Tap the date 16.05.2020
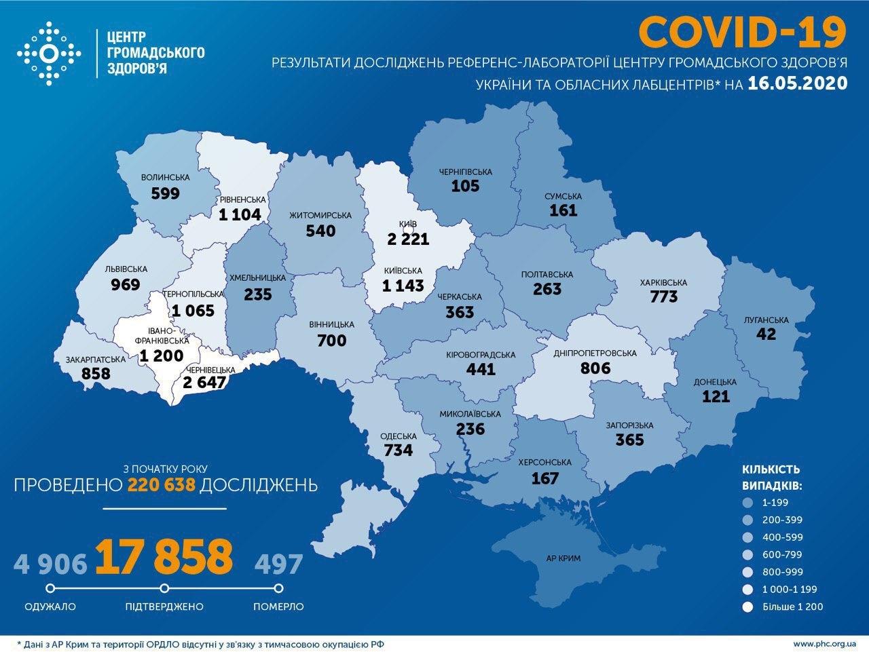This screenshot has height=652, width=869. tap(798, 83)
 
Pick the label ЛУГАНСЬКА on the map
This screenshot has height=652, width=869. tap(765, 320)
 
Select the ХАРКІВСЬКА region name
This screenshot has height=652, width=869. tap(663, 282)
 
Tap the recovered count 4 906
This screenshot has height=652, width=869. tap(50, 562)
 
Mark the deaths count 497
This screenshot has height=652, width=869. tap(278, 562)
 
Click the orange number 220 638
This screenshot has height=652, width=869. tap(166, 484)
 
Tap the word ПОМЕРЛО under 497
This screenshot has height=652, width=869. tap(278, 606)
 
